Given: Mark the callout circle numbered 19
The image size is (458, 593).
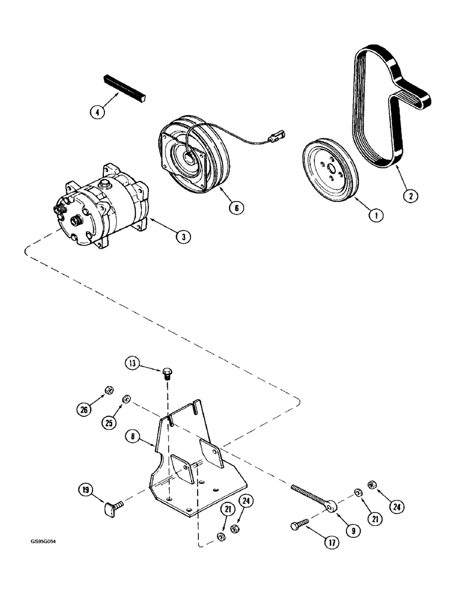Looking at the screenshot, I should click(x=87, y=490).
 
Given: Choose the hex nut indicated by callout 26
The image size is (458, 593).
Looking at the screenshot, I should click(x=109, y=390).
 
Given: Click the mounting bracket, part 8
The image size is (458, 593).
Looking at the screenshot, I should click(x=196, y=468).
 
